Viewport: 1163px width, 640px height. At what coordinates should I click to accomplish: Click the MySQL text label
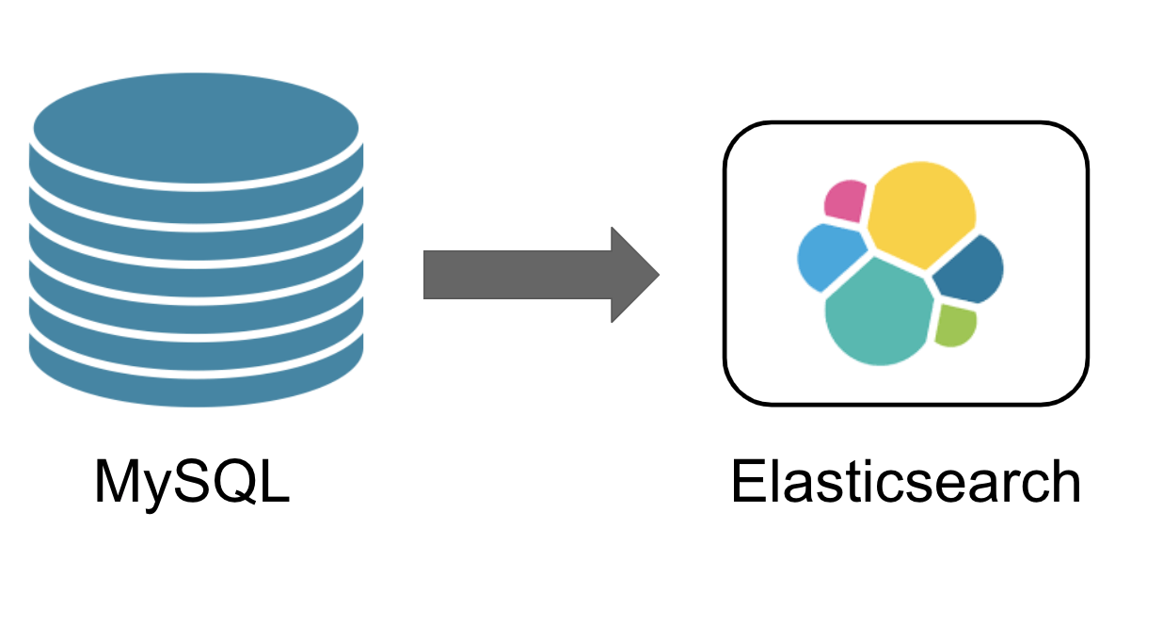click(192, 482)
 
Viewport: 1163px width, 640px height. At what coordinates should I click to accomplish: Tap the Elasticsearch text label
click(905, 482)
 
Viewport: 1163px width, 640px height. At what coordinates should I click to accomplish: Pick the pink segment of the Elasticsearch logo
click(846, 200)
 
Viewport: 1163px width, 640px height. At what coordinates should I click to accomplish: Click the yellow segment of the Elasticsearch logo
click(920, 213)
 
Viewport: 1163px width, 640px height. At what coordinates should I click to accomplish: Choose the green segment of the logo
click(955, 325)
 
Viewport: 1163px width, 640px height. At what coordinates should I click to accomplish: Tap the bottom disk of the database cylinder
click(196, 381)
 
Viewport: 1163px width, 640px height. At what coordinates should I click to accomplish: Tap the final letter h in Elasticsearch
click(1063, 482)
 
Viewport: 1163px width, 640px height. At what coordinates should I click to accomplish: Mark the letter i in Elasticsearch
click(870, 482)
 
